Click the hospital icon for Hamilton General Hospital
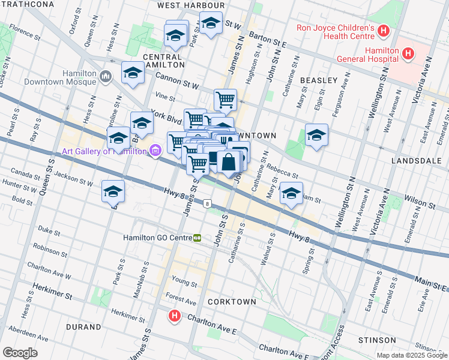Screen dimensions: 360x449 (x=409, y=54)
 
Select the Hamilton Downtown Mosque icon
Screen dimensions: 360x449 (x=106, y=76)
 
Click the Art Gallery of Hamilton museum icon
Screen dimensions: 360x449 (x=155, y=151)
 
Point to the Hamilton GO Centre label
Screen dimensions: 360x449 (x=157, y=238)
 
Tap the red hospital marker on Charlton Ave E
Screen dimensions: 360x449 (x=174, y=315)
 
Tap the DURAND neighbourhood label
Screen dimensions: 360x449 (x=84, y=327)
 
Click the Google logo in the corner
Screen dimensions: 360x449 (x=20, y=352)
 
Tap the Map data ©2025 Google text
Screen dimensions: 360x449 (x=411, y=355)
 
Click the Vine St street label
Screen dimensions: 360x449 (x=164, y=96)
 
